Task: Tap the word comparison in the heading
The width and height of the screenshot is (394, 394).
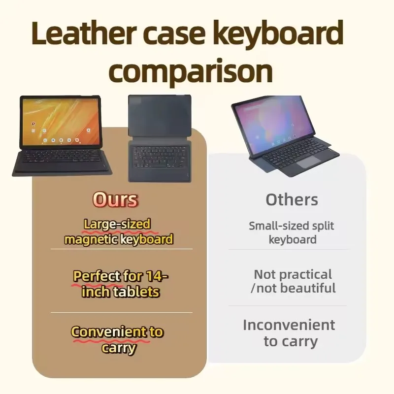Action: pos(191,71)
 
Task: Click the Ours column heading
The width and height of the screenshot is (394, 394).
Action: pos(115,200)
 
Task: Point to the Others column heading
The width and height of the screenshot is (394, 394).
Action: pos(292,200)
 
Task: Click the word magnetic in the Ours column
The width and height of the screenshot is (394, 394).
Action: pos(91,239)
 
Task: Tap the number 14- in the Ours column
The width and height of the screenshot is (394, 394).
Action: pos(157,276)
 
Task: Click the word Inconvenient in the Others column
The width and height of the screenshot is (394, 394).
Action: pos(289,325)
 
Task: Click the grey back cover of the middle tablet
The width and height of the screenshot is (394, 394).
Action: pos(160,115)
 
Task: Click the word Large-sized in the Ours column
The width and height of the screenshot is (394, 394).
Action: pos(117,224)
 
